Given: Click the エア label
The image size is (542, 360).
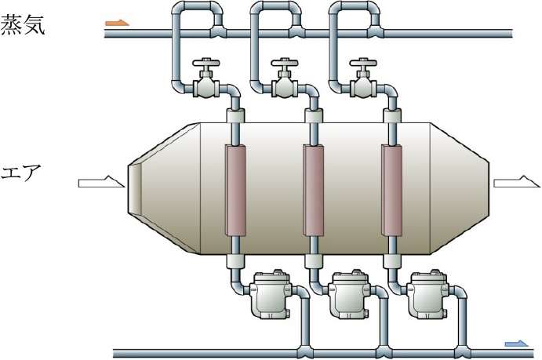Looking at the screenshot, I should tap(24, 172).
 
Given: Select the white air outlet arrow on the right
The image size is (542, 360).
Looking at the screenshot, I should tap(516, 183).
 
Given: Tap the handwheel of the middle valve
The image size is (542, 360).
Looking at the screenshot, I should tap(284, 64).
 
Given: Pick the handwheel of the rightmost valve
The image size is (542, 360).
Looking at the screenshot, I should tap(362, 64).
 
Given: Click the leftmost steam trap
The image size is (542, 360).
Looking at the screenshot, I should tap(269, 294).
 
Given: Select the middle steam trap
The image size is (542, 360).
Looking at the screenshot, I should tap(348, 294).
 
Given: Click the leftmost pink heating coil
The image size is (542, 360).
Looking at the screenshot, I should tap(235, 190).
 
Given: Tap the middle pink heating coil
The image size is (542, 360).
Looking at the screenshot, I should tap(313, 190).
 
